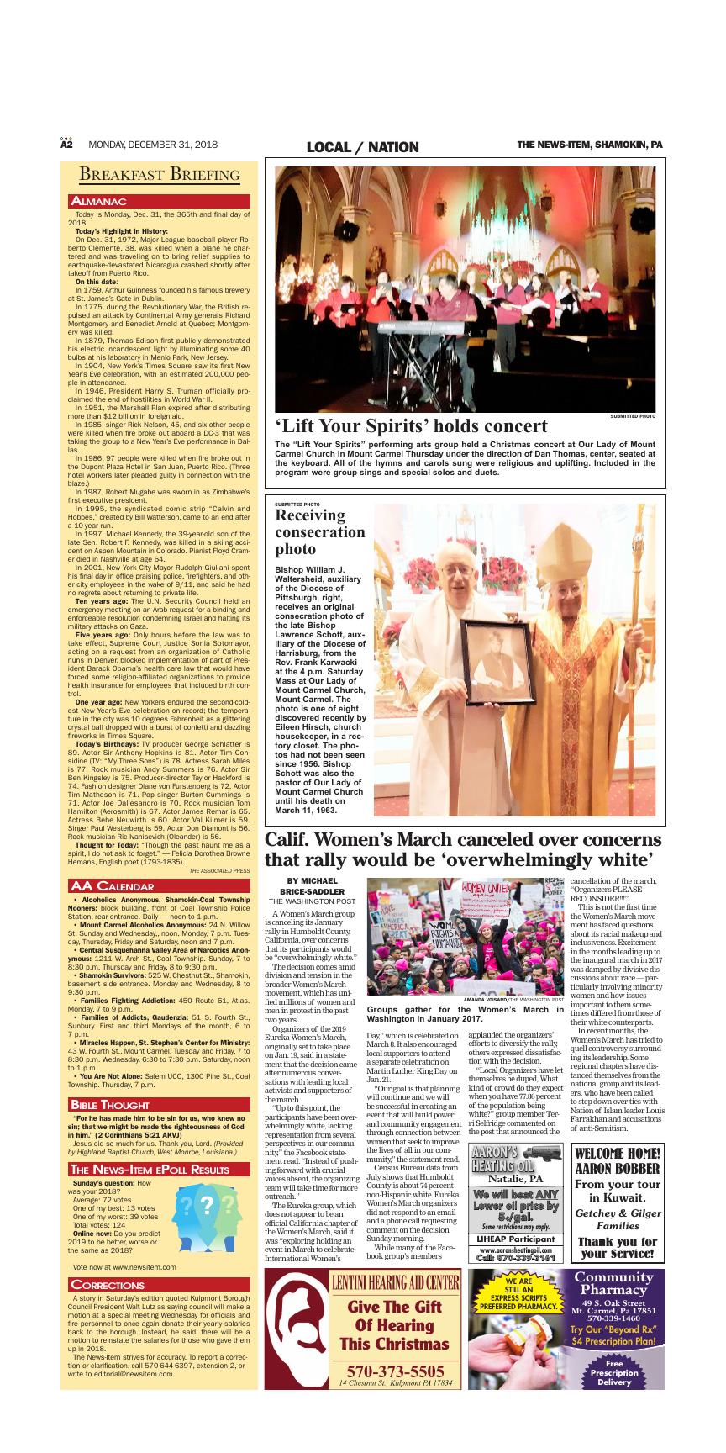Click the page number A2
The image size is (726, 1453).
[67, 145]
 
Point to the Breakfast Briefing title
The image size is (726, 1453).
[160, 174]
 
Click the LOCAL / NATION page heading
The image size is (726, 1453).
[362, 147]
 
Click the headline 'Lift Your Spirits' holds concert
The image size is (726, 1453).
[411, 425]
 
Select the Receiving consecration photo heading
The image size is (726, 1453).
[320, 532]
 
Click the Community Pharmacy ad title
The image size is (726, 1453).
[613, 1283]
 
